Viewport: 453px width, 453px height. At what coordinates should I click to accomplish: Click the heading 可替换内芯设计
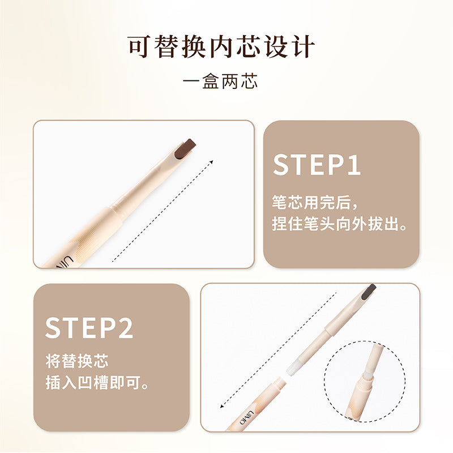(x=221, y=46)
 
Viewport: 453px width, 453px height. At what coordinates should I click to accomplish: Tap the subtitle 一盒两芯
(x=221, y=81)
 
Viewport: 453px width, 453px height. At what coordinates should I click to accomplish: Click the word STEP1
(x=317, y=164)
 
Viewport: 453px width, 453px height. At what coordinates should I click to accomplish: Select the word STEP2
(x=89, y=328)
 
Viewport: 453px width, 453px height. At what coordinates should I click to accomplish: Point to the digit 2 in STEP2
(x=125, y=328)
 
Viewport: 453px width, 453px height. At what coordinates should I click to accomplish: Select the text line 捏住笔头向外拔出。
(x=340, y=224)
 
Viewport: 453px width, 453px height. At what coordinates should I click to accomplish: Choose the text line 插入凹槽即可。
(x=97, y=383)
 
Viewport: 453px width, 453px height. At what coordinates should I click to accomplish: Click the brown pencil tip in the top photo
(x=185, y=148)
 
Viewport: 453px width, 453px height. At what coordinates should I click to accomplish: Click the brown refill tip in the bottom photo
(x=367, y=291)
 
